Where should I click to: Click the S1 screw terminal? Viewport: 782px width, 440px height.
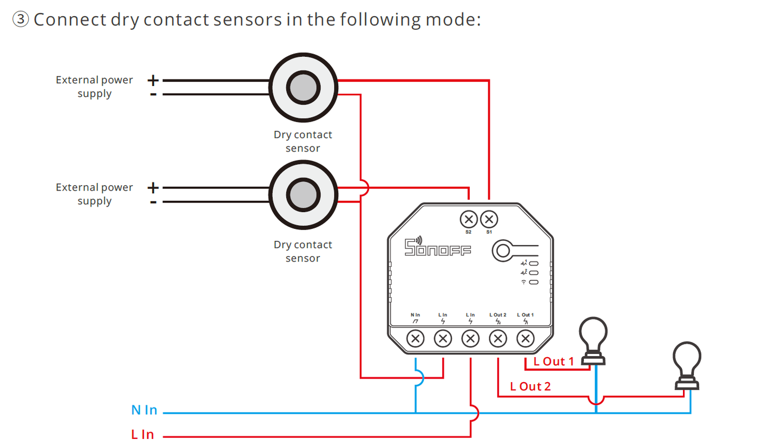click(489, 220)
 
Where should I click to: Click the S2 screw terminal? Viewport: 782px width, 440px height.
click(469, 220)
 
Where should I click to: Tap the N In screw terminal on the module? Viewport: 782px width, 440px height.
click(416, 339)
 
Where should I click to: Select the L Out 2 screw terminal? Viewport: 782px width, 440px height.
click(497, 339)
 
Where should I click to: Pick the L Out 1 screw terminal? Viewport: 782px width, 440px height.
click(525, 339)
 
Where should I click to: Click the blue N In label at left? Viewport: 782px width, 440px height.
click(144, 410)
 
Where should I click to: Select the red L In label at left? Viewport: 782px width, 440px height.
click(142, 435)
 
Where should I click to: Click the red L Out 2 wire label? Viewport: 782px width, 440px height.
click(531, 386)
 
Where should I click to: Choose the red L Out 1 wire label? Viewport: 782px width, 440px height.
click(553, 362)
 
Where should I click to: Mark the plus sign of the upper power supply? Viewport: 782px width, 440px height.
click(153, 81)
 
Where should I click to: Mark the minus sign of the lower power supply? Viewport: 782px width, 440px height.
click(153, 202)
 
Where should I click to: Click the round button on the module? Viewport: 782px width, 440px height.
click(503, 251)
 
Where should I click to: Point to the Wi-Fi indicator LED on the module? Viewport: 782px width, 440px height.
click(534, 282)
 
